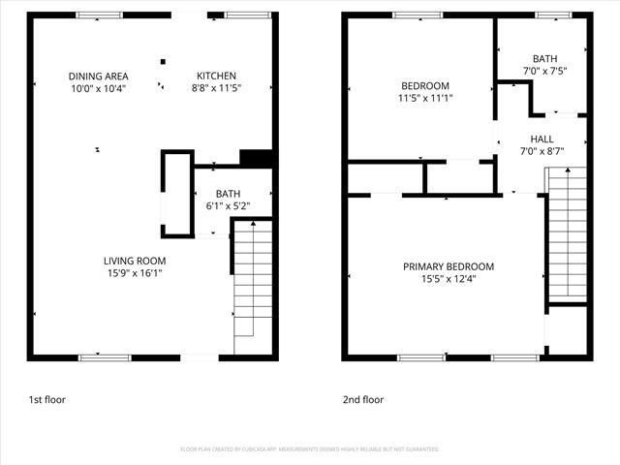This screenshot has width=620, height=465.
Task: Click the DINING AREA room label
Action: [x=98, y=77]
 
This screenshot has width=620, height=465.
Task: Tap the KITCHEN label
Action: [x=216, y=77]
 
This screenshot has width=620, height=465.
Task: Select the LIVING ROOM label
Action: [x=136, y=261]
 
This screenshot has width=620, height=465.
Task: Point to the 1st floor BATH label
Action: [x=228, y=194]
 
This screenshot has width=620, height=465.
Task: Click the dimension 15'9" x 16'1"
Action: [x=136, y=273]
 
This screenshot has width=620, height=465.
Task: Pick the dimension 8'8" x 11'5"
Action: [x=216, y=88]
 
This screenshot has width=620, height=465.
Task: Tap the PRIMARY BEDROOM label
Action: [x=449, y=267]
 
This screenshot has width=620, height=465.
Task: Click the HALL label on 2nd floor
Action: [x=542, y=139]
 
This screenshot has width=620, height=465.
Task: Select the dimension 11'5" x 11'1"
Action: [x=425, y=98]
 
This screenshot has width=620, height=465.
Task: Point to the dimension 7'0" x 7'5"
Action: [x=544, y=71]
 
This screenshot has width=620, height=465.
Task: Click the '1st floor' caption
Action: [x=46, y=399]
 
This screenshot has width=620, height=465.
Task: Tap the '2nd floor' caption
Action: [x=363, y=399]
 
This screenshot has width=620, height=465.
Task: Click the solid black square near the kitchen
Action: [x=255, y=158]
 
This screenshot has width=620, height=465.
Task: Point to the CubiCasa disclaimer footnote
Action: [x=310, y=449]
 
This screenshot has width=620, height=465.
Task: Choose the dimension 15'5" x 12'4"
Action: [x=449, y=279]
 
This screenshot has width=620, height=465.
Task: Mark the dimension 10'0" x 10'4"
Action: [x=98, y=88]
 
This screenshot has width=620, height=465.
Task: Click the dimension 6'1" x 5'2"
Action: [x=228, y=205]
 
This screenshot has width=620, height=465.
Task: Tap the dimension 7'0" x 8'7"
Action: [x=542, y=151]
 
